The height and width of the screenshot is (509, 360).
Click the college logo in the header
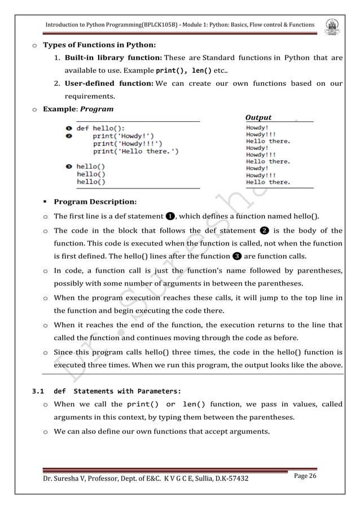click(x=332, y=25)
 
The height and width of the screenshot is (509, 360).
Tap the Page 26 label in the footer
click(x=305, y=477)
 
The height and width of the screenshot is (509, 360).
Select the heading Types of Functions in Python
click(x=104, y=45)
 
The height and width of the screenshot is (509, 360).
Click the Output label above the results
click(x=258, y=117)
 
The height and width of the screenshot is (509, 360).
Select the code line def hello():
click(x=100, y=128)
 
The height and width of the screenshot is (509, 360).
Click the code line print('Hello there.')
click(x=136, y=151)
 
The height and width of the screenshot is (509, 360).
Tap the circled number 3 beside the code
click(x=68, y=166)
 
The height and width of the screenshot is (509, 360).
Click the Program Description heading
click(x=94, y=201)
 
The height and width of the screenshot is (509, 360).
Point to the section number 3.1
click(x=37, y=391)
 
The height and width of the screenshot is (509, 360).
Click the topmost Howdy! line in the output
click(x=257, y=128)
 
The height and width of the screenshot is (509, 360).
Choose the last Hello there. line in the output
click(x=267, y=182)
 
